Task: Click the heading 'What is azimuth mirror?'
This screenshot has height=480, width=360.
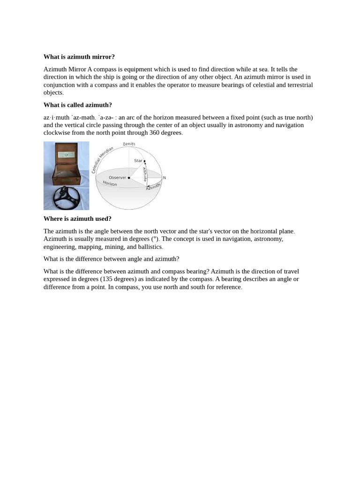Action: coord(79,57)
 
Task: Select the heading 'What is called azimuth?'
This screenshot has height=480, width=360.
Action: coord(77,105)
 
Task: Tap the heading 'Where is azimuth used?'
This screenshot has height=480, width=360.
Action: coord(77,218)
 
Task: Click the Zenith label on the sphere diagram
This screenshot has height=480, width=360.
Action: coord(129,144)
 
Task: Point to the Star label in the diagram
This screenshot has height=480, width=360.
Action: coord(138,161)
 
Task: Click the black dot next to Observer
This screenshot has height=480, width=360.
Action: coord(129,178)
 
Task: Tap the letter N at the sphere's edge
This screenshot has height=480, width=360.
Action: coord(164,178)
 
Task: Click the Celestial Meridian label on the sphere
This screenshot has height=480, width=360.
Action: coord(102,159)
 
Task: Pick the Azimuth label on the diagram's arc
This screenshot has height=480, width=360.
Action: coord(153,186)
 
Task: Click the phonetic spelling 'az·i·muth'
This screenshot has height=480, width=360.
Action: coord(56,117)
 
